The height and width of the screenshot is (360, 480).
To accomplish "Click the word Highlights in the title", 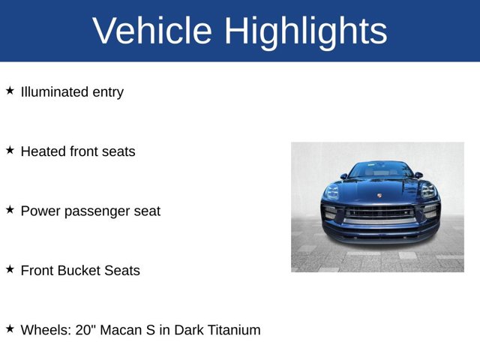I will pos(306,31).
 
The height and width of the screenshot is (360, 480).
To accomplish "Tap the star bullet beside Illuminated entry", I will pos(10,91).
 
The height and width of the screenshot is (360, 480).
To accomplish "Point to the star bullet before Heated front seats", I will pos(10,150).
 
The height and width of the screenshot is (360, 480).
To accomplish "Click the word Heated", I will pos(43,151).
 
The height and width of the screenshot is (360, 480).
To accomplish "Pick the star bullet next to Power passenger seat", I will pos(10,210).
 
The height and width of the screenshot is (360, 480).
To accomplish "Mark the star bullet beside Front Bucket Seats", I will pos(10,268).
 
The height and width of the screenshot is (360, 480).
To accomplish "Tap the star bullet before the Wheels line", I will pos(10,328).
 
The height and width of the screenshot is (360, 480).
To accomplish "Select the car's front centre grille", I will pos(379,213).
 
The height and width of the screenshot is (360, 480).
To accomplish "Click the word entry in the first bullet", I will pos(108,93).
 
